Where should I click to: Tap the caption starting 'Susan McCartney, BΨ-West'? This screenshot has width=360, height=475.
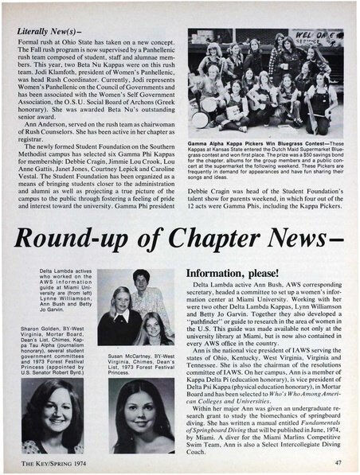pos(144,363)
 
